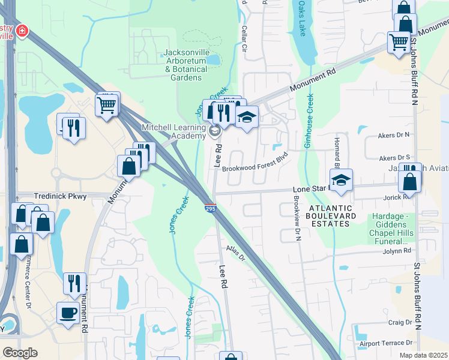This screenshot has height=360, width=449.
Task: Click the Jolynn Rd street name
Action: [x=399, y=251]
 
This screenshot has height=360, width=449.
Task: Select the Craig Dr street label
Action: [x=400, y=322]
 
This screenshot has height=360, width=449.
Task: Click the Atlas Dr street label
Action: [x=236, y=253]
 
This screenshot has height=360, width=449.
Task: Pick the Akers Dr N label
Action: [x=394, y=135]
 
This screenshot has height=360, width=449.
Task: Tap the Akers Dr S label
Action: [x=394, y=158]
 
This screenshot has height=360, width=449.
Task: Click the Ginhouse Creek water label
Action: [x=309, y=121]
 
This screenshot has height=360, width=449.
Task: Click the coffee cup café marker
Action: [x=67, y=312]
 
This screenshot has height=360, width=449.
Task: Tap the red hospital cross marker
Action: [x=22, y=31]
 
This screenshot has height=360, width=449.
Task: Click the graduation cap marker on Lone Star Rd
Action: [x=341, y=180]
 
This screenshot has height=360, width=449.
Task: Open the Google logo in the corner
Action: [x=19, y=352]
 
